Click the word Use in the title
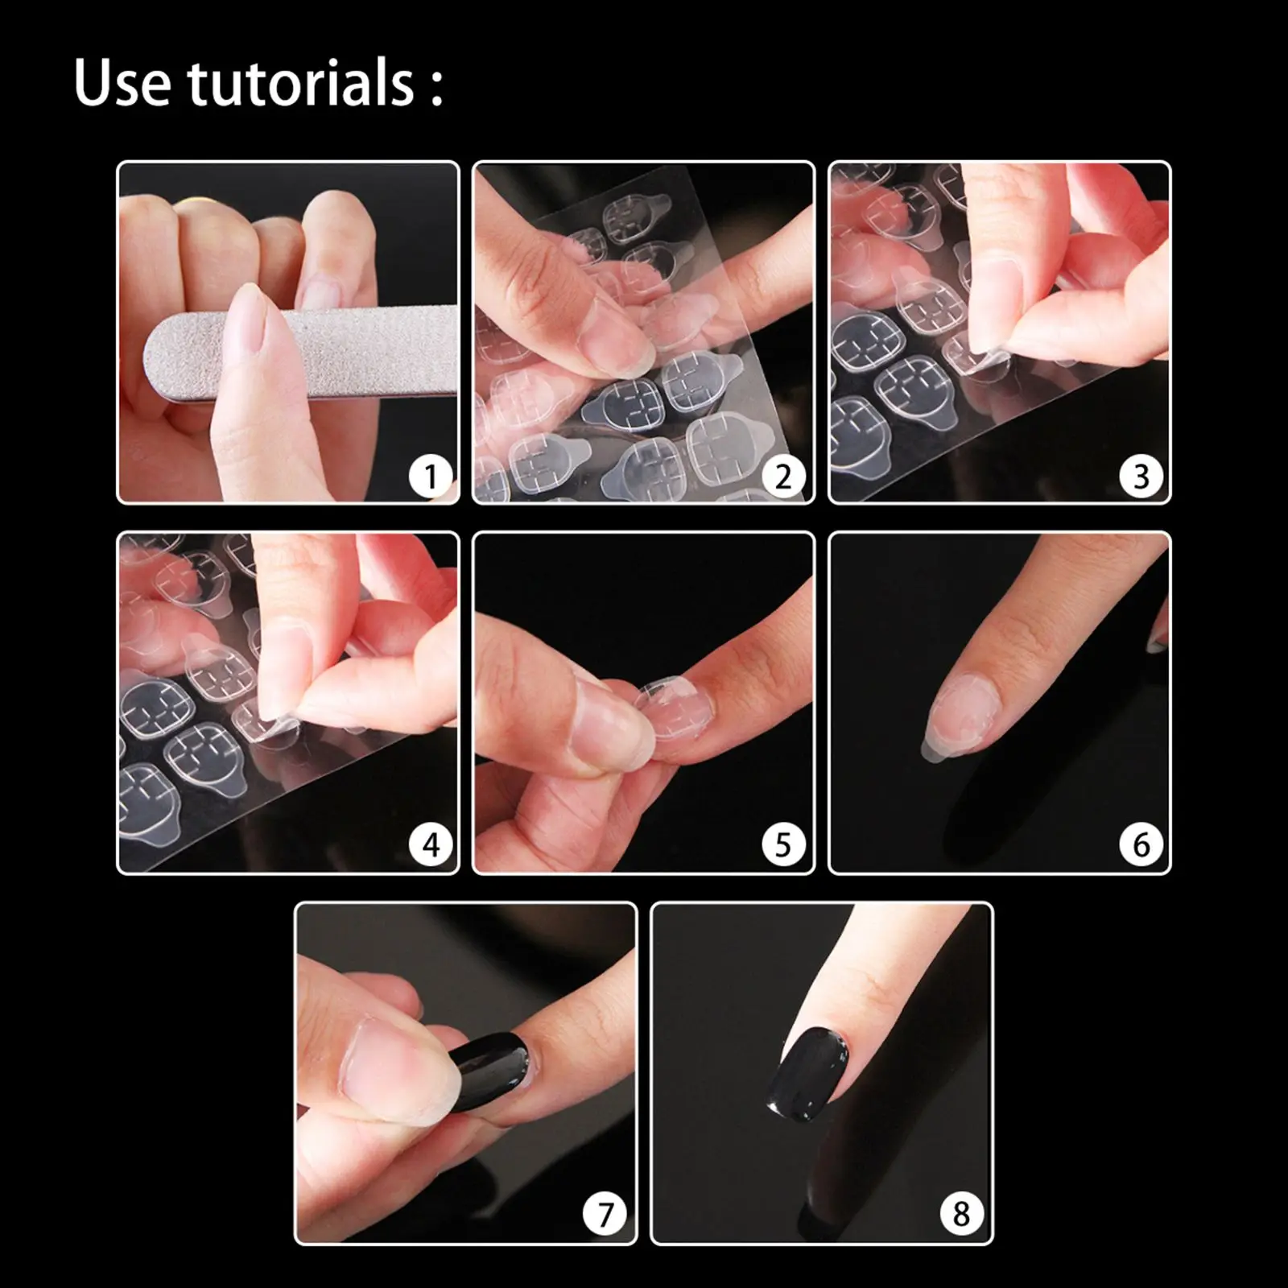pyautogui.click(x=122, y=82)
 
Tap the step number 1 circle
pyautogui.click(x=430, y=477)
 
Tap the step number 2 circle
pyautogui.click(x=783, y=477)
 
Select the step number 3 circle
pyautogui.click(x=1141, y=477)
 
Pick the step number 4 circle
pyautogui.click(x=430, y=845)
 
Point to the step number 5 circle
pyautogui.click(x=783, y=845)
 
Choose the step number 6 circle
pyautogui.click(x=1141, y=845)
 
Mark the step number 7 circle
pyautogui.click(x=605, y=1214)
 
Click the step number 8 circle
pyautogui.click(x=961, y=1214)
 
